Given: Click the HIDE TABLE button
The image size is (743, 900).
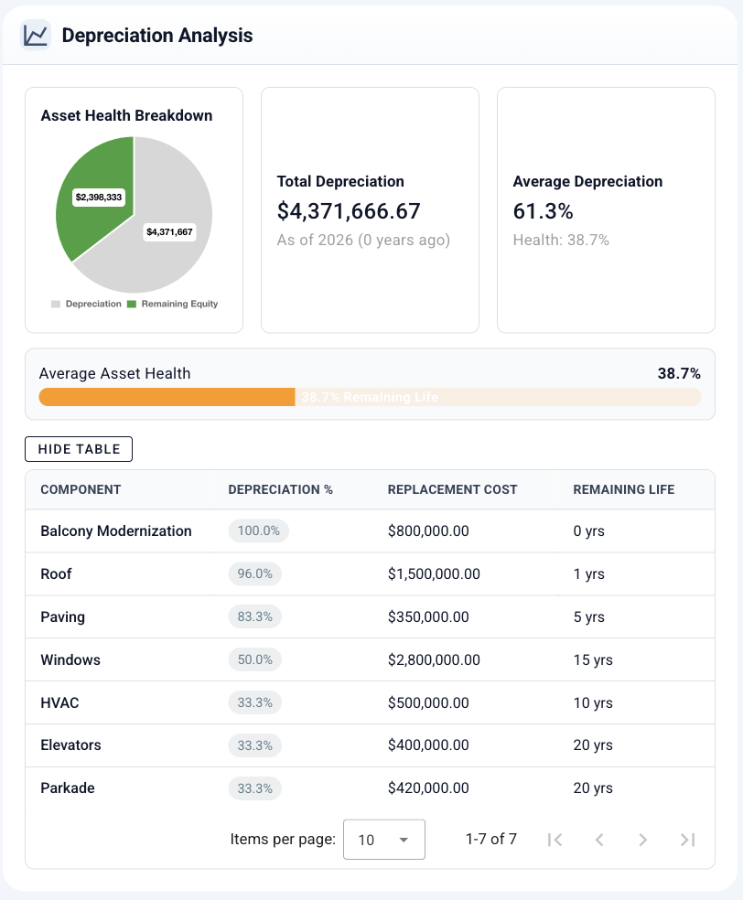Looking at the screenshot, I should pos(79,449).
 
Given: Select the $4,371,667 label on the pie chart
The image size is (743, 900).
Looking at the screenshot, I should pos(169,232).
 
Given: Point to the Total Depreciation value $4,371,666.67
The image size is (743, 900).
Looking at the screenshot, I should pos(349,211).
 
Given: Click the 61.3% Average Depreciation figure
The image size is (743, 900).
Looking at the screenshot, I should pos(543,211).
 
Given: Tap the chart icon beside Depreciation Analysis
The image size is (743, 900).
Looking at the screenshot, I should pos(36,36).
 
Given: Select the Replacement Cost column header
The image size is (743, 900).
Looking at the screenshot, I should pos(452,489).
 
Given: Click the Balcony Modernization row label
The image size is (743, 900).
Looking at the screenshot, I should pos(116,531).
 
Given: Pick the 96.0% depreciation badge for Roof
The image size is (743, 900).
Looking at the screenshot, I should pos(255,574).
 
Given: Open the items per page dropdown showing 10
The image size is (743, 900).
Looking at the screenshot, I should pos(383,840).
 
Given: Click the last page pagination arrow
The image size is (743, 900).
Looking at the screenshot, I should pos(688,840).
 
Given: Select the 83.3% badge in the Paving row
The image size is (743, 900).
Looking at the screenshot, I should pos(255,617).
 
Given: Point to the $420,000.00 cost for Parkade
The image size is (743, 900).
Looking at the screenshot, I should pos(428,788).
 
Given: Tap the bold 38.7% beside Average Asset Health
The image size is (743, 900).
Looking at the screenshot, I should pos(679,373).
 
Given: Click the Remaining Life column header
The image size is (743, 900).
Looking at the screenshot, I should pos(623,489).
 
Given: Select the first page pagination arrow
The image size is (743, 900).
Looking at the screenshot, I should pos(555,840).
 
